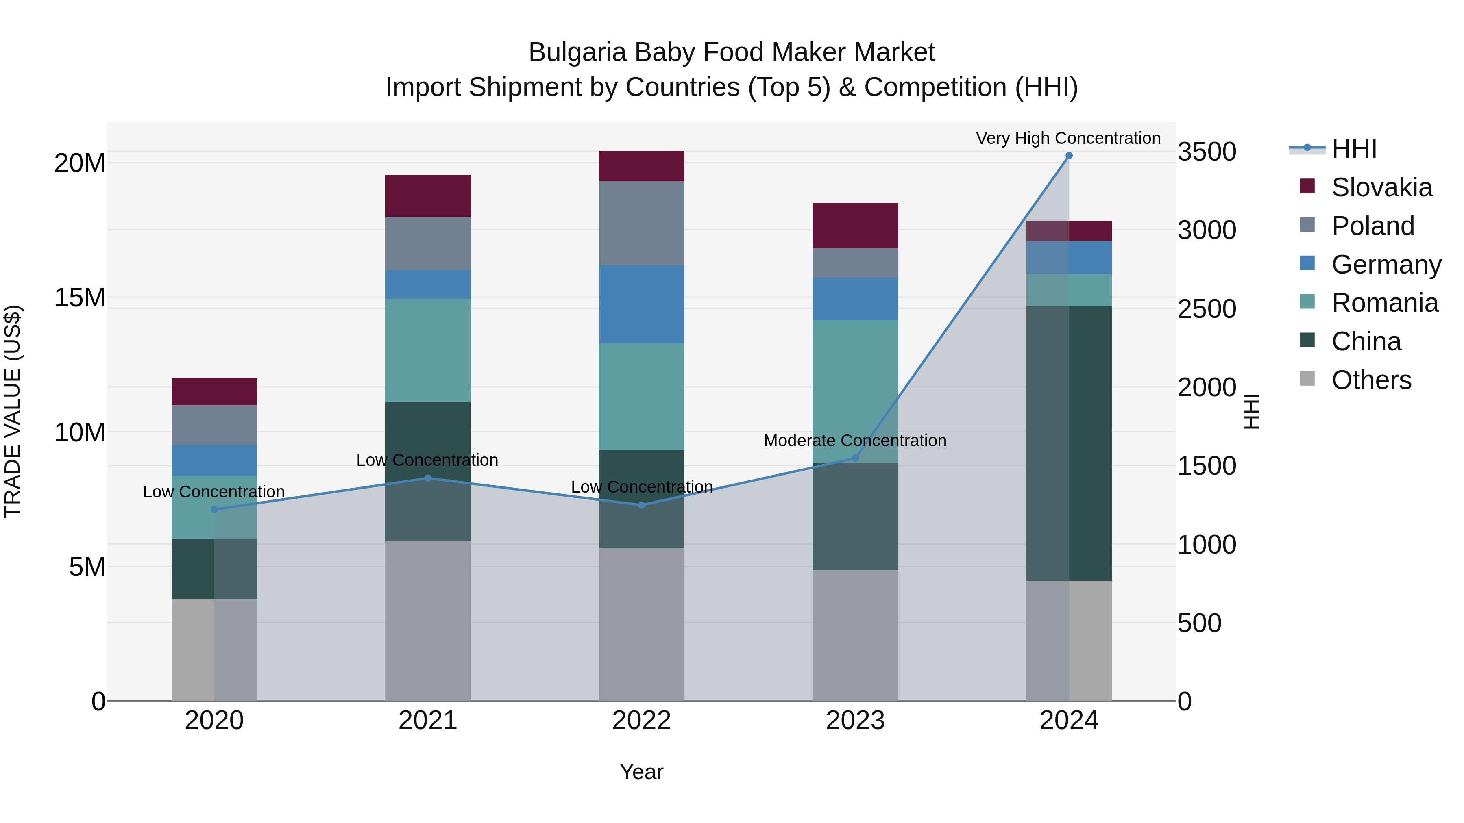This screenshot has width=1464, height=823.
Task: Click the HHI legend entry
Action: coord(1353,149)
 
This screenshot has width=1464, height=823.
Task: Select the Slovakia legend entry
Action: coord(1381,187)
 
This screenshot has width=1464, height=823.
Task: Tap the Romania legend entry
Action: coord(1384,303)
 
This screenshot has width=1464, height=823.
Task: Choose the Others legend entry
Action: coord(1371,380)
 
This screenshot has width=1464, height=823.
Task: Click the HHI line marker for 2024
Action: coord(1068,156)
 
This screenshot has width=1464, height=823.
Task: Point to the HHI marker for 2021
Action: coord(428,478)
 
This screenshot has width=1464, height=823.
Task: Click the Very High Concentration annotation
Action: coord(1068,138)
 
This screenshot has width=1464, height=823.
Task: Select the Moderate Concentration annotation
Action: coord(855,440)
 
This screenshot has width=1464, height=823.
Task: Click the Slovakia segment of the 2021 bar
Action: coord(428,196)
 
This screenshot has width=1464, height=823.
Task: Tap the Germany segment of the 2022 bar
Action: coord(642,304)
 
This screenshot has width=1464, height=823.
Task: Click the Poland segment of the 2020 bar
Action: coord(214,425)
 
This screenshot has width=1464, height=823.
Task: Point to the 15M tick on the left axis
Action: coord(80,297)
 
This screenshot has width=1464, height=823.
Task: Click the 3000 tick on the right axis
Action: coord(1207,230)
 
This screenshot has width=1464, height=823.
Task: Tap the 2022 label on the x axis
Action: coord(642,721)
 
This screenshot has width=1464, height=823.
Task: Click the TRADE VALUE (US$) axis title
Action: coord(13,411)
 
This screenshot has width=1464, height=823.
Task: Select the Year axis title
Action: coord(642,772)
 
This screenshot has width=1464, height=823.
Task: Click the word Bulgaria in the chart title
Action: coord(577,52)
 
